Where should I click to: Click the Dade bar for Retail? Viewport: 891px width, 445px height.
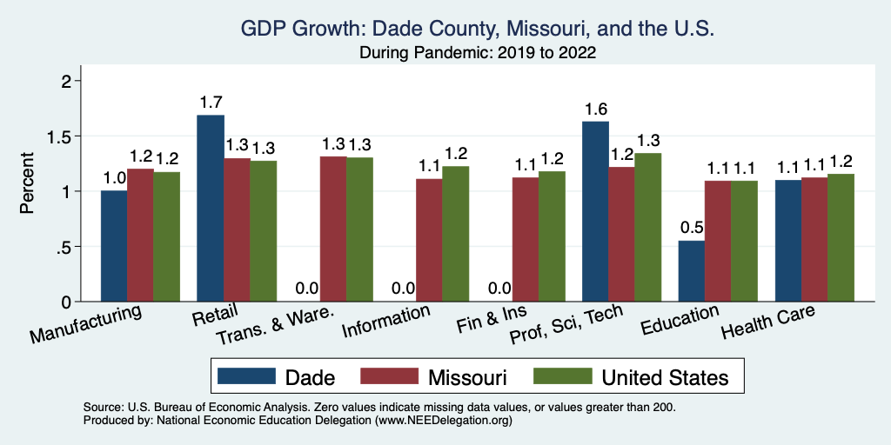click(211, 209)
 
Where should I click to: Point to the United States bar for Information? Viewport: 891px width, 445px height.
click(455, 234)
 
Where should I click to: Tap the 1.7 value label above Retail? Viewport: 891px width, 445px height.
click(211, 103)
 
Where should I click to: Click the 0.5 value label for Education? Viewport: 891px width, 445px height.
click(692, 228)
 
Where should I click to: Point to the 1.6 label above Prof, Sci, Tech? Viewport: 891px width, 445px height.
click(595, 109)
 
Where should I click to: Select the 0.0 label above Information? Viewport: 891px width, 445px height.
click(403, 289)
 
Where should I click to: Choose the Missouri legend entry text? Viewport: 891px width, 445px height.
click(466, 376)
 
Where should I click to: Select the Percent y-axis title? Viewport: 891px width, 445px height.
click(27, 184)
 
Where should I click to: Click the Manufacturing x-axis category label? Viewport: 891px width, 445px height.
click(87, 323)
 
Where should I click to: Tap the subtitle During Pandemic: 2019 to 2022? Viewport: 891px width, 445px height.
click(478, 52)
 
